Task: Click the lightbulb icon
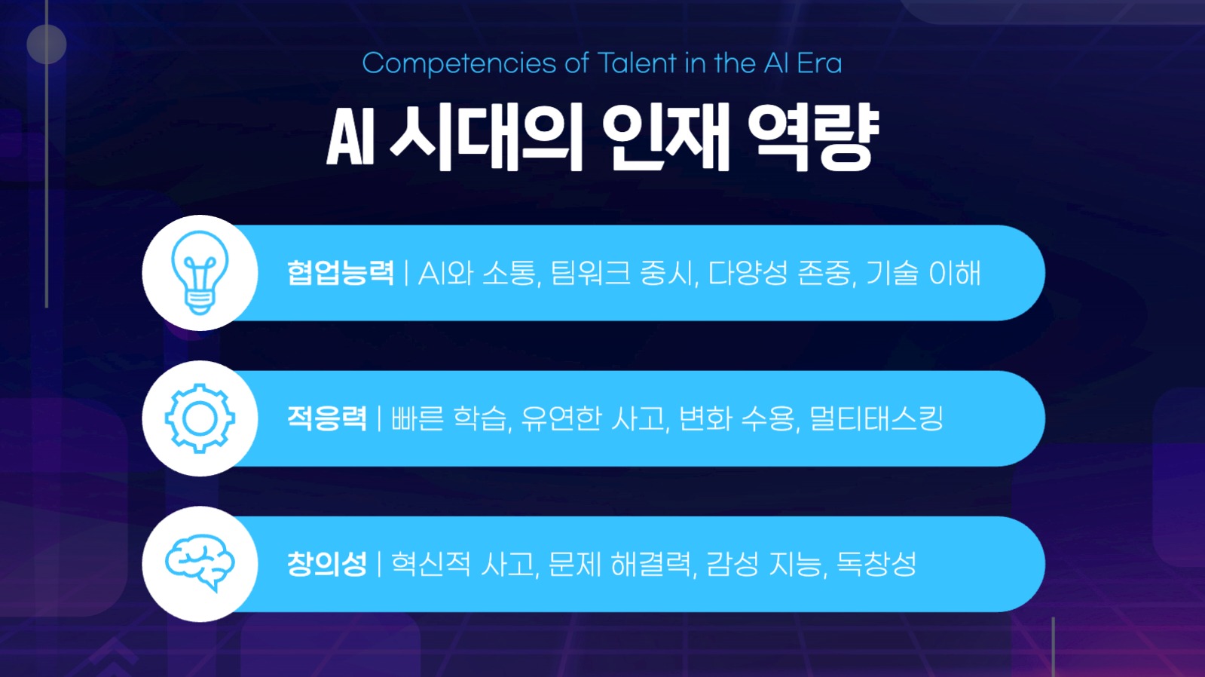point(200,273)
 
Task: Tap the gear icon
point(200,418)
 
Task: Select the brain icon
point(200,563)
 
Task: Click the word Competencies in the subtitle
point(459,64)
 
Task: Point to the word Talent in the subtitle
point(637,63)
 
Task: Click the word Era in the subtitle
point(819,63)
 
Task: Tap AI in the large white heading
point(350,137)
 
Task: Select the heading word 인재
point(666,137)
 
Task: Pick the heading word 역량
point(813,137)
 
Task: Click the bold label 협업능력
point(341,273)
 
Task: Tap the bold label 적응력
point(327,418)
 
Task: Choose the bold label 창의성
point(327,564)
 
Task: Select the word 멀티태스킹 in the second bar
point(876,418)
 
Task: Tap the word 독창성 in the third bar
point(876,564)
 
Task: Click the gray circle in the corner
point(47,44)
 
